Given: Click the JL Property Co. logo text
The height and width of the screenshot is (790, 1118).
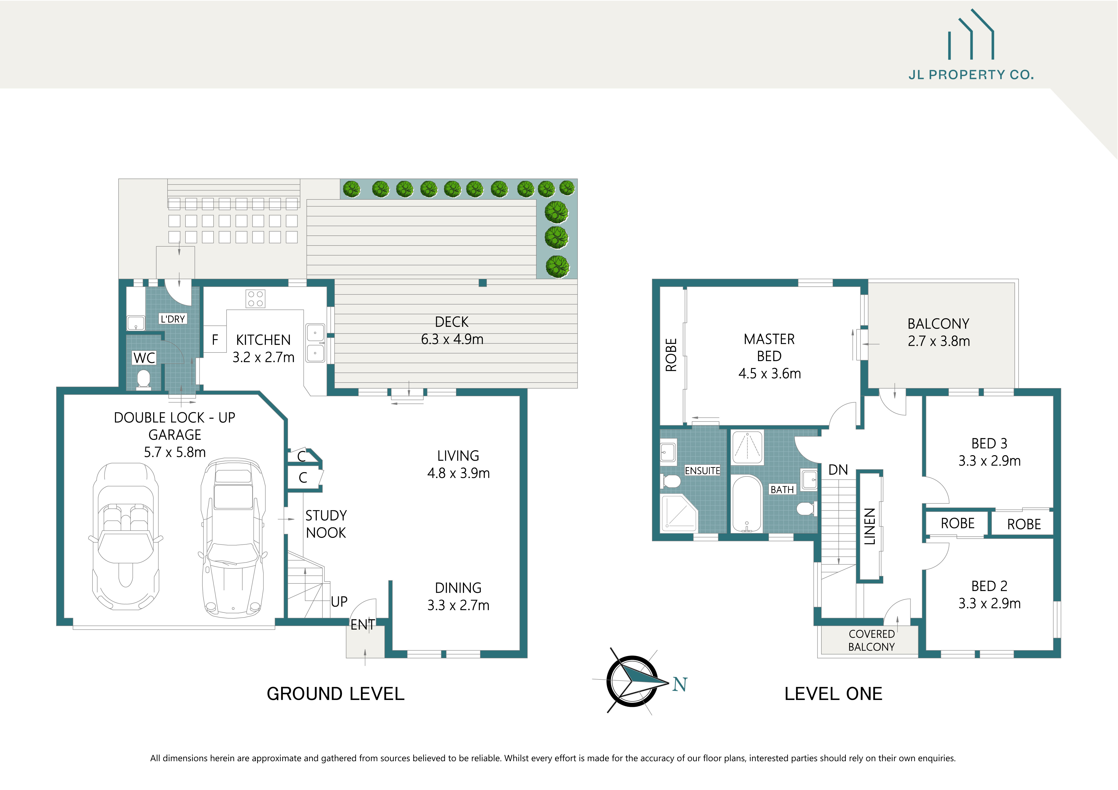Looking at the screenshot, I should click(x=971, y=75).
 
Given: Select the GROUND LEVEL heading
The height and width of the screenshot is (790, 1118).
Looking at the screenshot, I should click(x=336, y=694).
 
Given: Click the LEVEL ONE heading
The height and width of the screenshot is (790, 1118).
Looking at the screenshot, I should click(x=833, y=694).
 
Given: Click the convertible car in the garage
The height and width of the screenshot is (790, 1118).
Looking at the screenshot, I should click(x=126, y=535).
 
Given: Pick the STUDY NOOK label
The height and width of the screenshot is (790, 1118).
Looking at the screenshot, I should click(x=326, y=524).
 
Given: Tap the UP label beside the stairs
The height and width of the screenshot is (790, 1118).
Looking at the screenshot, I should click(x=339, y=602).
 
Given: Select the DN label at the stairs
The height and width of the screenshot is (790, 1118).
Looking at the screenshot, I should click(x=838, y=470).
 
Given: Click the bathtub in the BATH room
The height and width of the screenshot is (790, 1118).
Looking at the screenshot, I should click(x=746, y=503).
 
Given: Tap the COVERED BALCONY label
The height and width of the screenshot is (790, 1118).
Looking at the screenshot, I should click(x=871, y=640).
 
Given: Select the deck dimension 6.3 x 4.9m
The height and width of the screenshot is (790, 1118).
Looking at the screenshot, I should click(x=452, y=339).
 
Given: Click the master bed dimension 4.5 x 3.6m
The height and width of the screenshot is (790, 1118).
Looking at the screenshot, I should click(x=769, y=374).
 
